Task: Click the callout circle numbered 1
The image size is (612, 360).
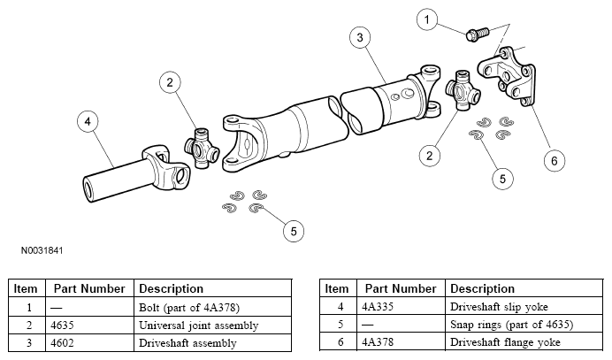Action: tap(427, 19)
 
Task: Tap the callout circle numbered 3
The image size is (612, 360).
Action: tap(360, 37)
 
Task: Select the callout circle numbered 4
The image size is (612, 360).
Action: tap(88, 121)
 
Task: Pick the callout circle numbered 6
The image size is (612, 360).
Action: tap(555, 160)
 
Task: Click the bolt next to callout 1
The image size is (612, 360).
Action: tap(478, 34)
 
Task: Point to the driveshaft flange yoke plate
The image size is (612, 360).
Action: tap(507, 77)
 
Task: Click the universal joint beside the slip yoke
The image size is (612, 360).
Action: tap(202, 148)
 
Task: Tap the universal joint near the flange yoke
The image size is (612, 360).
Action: tap(463, 89)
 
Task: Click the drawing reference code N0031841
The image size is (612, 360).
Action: tap(42, 250)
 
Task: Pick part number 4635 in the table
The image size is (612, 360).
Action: tap(62, 326)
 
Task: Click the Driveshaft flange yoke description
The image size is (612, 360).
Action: tap(505, 342)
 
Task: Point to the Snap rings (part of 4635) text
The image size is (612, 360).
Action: tap(512, 325)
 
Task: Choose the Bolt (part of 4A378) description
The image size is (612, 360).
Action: tap(189, 307)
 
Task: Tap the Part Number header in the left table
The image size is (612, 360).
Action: tap(89, 288)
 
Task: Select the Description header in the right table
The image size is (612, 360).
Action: tap(482, 288)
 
